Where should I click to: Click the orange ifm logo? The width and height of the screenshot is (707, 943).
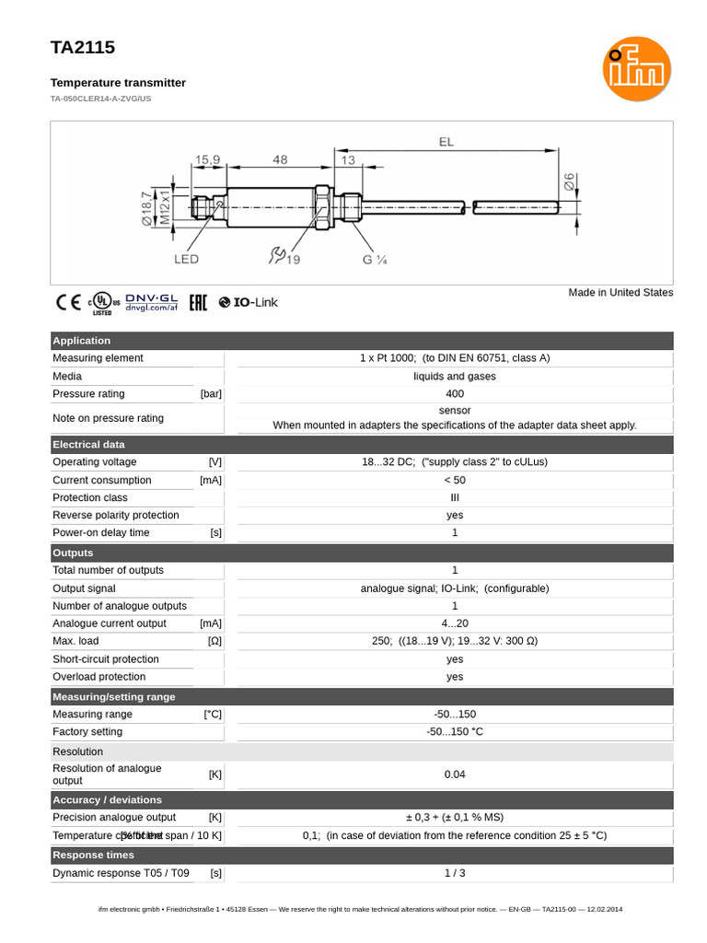tap(637, 69)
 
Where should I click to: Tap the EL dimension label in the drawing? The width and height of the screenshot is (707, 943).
tap(446, 142)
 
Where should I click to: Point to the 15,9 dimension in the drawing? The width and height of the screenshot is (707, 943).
tap(207, 159)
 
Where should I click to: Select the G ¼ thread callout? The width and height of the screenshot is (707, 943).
tap(374, 260)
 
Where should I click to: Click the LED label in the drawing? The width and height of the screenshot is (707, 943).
tap(186, 260)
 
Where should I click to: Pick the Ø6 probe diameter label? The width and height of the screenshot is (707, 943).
tap(568, 183)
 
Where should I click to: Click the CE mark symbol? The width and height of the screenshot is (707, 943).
tap(68, 302)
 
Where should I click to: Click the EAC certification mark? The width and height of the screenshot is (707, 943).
tap(198, 302)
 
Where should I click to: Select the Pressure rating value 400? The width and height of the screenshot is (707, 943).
tap(455, 394)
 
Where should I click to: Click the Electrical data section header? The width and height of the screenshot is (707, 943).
tap(88, 445)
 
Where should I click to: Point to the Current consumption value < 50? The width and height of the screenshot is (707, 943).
tap(455, 480)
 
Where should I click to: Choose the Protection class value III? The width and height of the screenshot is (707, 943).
tap(455, 497)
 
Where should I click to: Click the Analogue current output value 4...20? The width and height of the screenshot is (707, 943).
tap(455, 623)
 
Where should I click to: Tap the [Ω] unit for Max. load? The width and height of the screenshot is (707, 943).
tap(214, 641)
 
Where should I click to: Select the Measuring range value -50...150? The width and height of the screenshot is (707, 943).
tap(455, 715)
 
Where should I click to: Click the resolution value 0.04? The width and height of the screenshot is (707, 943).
tap(455, 774)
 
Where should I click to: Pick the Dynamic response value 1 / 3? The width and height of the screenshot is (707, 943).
tap(455, 873)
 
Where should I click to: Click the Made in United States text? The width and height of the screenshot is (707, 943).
tap(620, 293)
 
